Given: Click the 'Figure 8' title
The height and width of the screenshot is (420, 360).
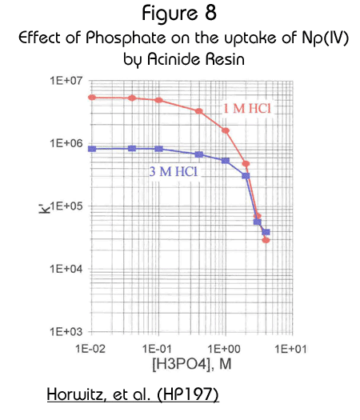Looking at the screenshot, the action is pyautogui.click(x=179, y=14).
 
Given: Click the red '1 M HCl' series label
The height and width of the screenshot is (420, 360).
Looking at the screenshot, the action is pyautogui.click(x=247, y=109).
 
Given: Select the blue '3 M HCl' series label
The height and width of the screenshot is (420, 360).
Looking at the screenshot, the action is pyautogui.click(x=174, y=171).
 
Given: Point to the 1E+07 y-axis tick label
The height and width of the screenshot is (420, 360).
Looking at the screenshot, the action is pyautogui.click(x=66, y=80).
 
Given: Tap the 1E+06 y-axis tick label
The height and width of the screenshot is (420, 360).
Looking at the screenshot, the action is pyautogui.click(x=66, y=143).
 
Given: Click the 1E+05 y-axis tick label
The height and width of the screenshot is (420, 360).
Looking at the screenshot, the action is pyautogui.click(x=66, y=206).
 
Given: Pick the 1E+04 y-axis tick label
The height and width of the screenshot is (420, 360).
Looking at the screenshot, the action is pyautogui.click(x=66, y=269).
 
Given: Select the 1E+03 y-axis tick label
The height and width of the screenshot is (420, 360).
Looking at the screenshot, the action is pyautogui.click(x=66, y=332).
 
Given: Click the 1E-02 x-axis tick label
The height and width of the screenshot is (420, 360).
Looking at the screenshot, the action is pyautogui.click(x=90, y=349).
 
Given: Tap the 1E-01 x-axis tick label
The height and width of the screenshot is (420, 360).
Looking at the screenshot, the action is pyautogui.click(x=157, y=349).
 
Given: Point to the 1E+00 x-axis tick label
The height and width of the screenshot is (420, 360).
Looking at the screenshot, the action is pyautogui.click(x=224, y=349).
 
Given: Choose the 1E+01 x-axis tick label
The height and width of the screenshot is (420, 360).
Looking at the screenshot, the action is pyautogui.click(x=291, y=349).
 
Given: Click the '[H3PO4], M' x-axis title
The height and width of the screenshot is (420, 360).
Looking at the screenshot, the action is pyautogui.click(x=192, y=364).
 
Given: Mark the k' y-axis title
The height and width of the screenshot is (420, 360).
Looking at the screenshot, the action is pyautogui.click(x=44, y=209).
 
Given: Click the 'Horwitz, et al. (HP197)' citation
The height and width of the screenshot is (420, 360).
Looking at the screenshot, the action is pyautogui.click(x=133, y=394).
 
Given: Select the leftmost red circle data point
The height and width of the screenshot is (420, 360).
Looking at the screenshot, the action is pyautogui.click(x=92, y=98).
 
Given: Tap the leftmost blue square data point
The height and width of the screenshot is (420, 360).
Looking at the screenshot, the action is pyautogui.click(x=92, y=149).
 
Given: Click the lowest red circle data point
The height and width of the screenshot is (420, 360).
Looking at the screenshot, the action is pyautogui.click(x=266, y=240).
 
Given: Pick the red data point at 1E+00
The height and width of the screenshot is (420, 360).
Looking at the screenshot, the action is pyautogui.click(x=226, y=130).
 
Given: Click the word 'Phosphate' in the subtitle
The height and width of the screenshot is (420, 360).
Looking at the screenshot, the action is pyautogui.click(x=126, y=38).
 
